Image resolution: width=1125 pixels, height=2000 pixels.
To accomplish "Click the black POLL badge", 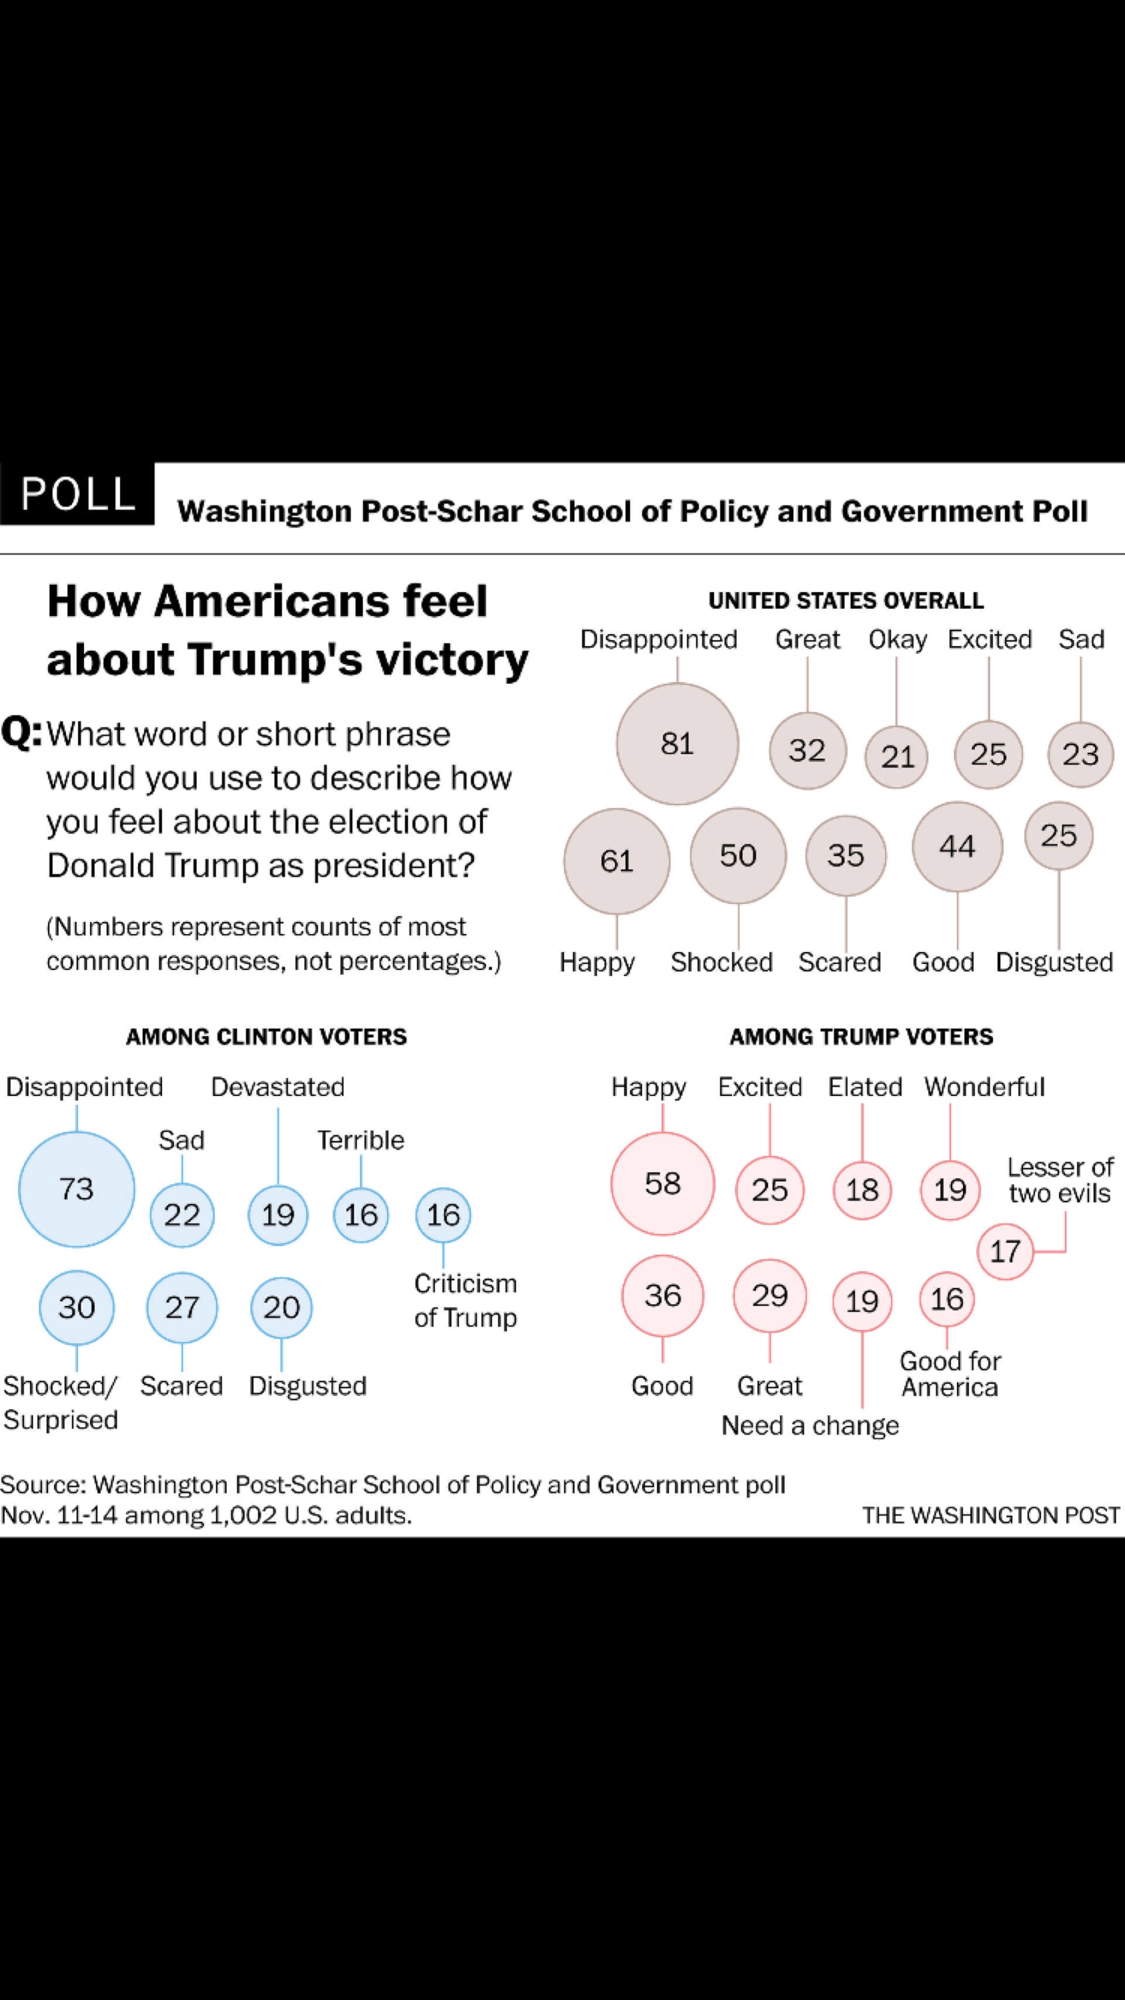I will point(77,494).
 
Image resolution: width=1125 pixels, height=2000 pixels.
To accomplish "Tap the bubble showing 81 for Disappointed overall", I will point(677,744).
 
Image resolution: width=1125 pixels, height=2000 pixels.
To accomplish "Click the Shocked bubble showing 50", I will point(738,855).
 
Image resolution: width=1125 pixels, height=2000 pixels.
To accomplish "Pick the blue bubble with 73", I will point(76,1189).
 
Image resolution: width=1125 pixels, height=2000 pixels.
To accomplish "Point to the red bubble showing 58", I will point(662,1183).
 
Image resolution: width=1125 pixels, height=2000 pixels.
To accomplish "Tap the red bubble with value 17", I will point(1005,1251).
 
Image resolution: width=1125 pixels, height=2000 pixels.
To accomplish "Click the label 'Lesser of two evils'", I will point(1060,1180).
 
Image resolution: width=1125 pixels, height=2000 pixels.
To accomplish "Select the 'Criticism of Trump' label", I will point(465,1301).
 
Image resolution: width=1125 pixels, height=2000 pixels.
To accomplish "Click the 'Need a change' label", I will point(810,1425).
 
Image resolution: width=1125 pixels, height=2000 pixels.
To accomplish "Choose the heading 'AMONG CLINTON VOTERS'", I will point(266,1037).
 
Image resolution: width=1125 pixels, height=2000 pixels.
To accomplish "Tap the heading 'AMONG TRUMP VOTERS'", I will point(861,1037).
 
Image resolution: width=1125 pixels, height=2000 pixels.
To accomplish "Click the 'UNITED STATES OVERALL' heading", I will point(846,600).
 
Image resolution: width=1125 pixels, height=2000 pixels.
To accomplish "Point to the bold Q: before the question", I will point(22,732).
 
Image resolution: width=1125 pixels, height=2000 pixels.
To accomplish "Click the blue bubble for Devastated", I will point(278,1214).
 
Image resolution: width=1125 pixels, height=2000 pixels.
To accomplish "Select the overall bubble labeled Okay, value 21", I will point(897,756).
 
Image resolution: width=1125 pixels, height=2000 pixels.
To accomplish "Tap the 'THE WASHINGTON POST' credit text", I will point(991,1515).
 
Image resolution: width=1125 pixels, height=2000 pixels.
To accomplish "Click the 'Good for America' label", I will point(950,1373).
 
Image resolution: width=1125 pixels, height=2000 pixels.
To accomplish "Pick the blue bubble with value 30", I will point(76,1307).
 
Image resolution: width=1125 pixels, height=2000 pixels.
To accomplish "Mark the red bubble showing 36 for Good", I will point(662,1295).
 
